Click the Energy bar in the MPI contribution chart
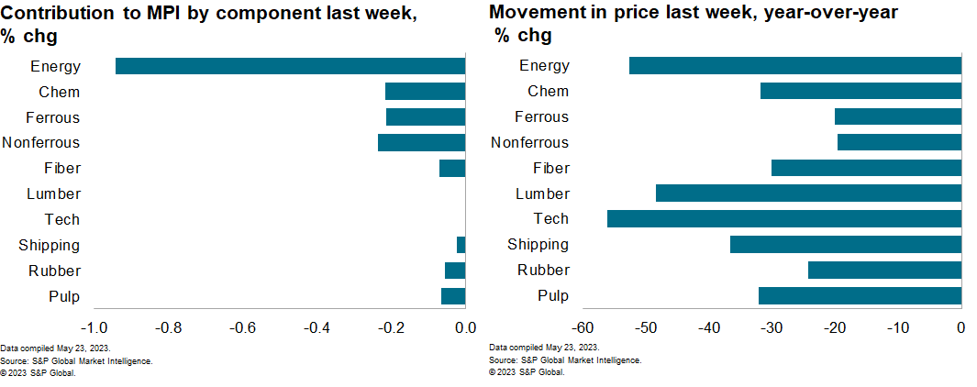290,66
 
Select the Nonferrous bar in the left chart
421,143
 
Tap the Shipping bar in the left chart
461,245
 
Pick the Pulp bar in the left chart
453,296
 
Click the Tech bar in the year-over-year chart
783,219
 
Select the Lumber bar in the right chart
808,193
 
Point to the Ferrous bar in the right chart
897,116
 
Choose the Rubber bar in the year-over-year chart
884,271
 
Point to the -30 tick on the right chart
772,328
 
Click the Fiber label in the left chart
62,169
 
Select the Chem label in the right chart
548,92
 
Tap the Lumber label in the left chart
54,194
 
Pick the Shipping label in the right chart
538,245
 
